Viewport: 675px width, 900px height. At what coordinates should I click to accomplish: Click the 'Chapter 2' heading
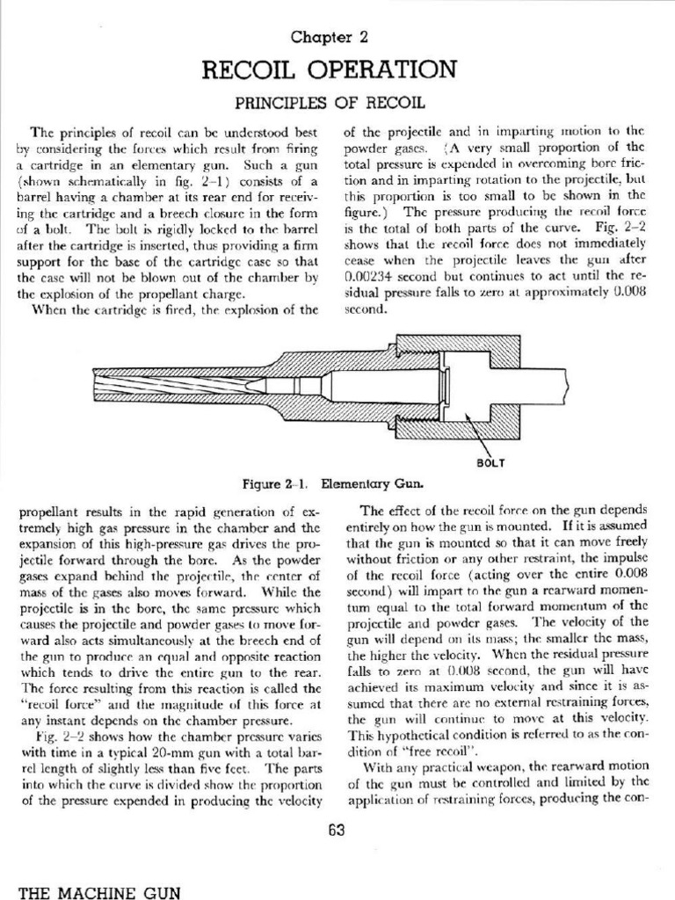[337, 36]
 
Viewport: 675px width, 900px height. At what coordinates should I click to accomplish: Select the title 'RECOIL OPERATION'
[337, 69]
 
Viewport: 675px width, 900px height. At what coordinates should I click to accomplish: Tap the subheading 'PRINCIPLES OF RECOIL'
[337, 102]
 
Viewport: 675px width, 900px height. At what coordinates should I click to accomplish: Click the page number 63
[337, 831]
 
